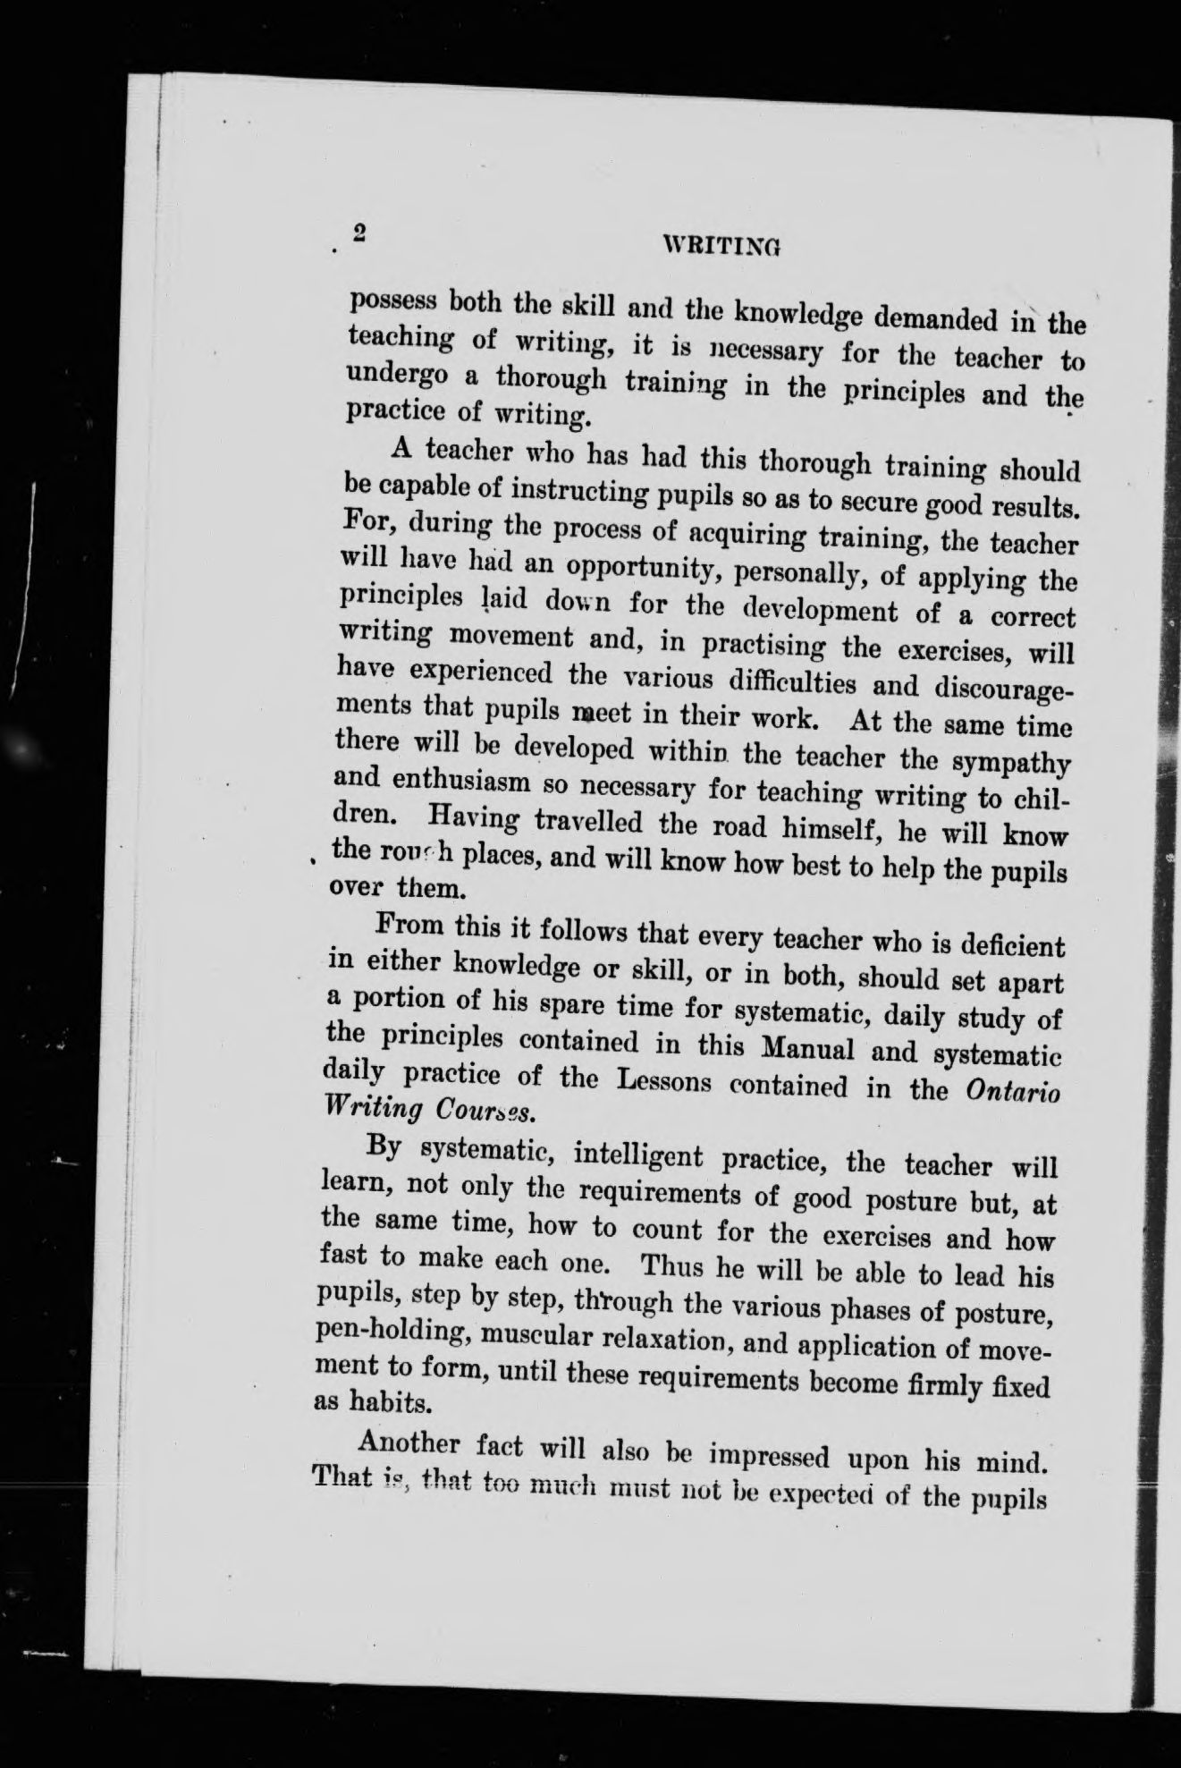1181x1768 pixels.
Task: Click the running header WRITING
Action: [x=719, y=243]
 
